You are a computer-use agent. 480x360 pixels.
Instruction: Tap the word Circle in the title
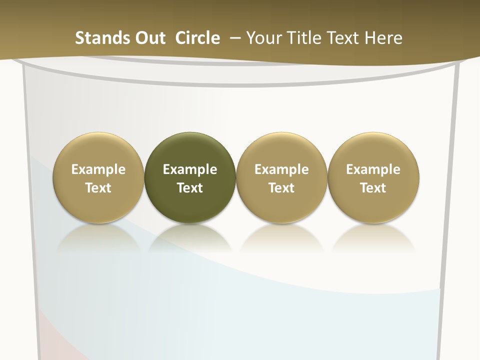tap(197, 38)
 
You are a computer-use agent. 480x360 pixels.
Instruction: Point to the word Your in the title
tap(263, 38)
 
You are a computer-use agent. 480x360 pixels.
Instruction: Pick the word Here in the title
tap(383, 38)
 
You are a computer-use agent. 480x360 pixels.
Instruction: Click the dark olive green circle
tap(190, 178)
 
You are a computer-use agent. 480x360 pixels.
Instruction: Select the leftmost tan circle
tap(98, 178)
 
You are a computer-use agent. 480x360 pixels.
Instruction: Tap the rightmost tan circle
tap(373, 178)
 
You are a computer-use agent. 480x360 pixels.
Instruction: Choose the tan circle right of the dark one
tap(281, 178)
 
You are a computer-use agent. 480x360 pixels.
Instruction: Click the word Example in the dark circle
tap(190, 169)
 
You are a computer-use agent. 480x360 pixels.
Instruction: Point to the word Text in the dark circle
tap(190, 188)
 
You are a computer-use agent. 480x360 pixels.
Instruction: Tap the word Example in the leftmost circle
tap(98, 169)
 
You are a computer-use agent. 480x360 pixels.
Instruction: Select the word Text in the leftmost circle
tap(98, 188)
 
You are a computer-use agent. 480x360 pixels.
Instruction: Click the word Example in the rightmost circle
tap(373, 169)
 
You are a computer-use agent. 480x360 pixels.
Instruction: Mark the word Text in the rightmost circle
tap(373, 188)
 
